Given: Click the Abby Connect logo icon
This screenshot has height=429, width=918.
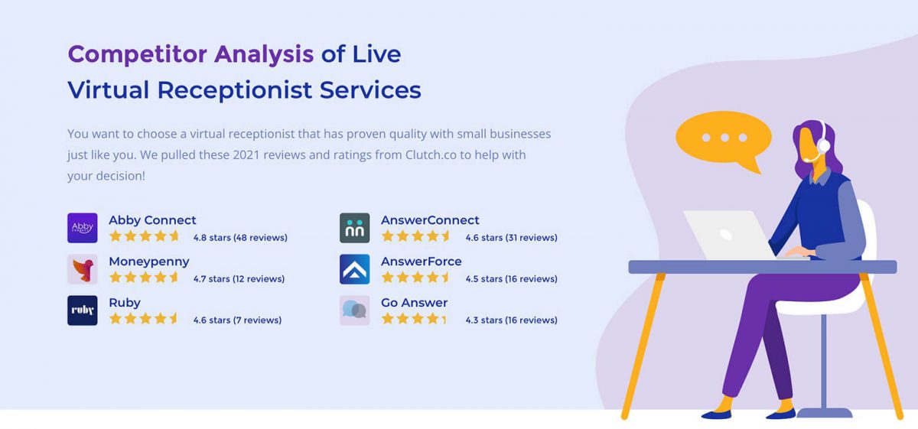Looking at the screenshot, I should [82, 228].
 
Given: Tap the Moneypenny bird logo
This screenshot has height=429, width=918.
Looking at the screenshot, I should [82, 269].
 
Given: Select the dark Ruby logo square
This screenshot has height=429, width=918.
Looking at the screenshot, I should [82, 310].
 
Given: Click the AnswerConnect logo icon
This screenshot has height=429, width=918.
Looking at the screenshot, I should [354, 228].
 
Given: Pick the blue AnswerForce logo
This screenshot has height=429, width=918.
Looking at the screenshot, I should [354, 269].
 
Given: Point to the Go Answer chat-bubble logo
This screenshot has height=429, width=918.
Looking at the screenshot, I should [354, 310].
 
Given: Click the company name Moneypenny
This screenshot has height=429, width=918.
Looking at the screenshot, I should [148, 262].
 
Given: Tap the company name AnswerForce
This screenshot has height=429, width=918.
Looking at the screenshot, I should [421, 262].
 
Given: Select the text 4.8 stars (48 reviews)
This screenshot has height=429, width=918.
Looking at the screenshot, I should [240, 238].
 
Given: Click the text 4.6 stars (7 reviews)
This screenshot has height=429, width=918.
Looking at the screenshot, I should [237, 320].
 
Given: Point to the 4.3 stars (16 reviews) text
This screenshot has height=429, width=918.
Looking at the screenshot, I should [511, 320].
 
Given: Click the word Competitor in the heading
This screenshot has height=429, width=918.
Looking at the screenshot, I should [138, 54].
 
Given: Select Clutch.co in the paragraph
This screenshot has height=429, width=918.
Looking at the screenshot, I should [431, 155].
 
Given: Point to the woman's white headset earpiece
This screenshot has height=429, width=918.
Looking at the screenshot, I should [823, 145].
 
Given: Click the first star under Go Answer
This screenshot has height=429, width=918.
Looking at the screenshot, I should [388, 319].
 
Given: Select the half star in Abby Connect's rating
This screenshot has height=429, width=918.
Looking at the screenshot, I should [174, 236].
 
